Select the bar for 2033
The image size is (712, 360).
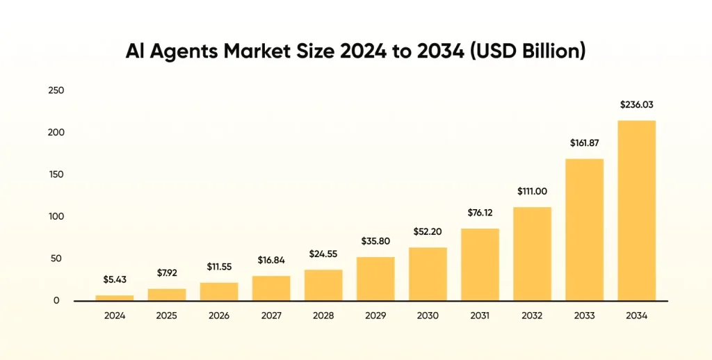tap(584, 230)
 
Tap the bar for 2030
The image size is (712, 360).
tap(428, 274)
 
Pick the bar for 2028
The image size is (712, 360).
tap(323, 285)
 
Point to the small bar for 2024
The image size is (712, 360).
tap(115, 297)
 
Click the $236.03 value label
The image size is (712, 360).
tap(636, 105)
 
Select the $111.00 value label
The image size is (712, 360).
tap(532, 191)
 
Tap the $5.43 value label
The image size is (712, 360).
tap(115, 279)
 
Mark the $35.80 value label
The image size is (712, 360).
tap(375, 241)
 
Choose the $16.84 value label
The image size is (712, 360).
tap(271, 260)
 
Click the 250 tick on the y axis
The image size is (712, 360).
tap(56, 90)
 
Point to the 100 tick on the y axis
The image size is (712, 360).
tap(56, 217)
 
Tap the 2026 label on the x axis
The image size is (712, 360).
tap(219, 316)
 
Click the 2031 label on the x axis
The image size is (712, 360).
tap(480, 316)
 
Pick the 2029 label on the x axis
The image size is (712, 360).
tap(375, 316)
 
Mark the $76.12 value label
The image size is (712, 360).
tap(480, 213)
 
